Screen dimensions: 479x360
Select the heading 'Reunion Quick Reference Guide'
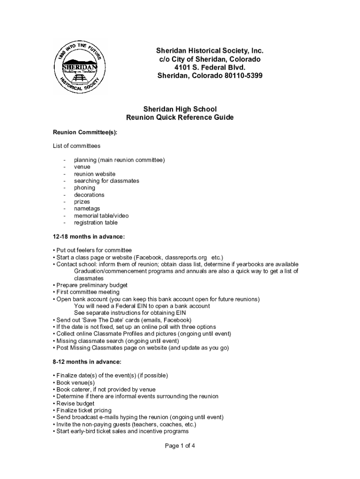180,117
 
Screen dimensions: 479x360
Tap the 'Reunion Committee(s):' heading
85,132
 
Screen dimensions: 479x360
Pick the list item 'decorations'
89,195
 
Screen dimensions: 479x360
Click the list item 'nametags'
87,209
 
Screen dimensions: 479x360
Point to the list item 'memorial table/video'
101,216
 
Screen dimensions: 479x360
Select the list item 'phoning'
85,188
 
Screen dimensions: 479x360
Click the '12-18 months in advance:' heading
89,236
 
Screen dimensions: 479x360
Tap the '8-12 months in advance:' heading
87,362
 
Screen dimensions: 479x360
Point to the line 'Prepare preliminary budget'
92,285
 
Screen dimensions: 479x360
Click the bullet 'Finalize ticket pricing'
84,410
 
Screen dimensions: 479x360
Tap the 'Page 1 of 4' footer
180,445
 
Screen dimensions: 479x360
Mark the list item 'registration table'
96,223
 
